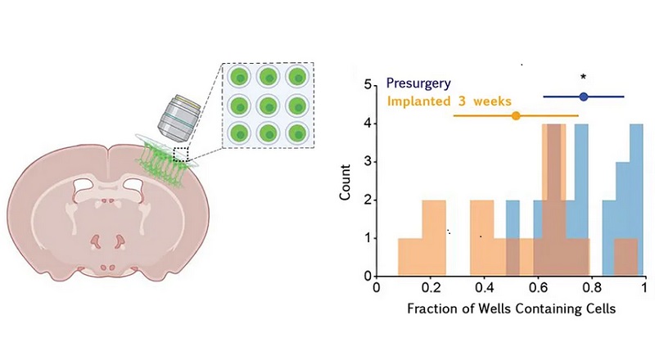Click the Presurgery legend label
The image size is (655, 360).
pyautogui.click(x=418, y=83)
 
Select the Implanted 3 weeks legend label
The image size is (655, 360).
pyautogui.click(x=449, y=101)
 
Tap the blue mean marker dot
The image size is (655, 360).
pyautogui.click(x=584, y=97)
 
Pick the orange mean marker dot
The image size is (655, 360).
pyautogui.click(x=516, y=115)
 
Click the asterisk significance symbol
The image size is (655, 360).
pyautogui.click(x=584, y=77)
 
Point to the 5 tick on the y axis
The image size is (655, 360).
pyautogui.click(x=368, y=85)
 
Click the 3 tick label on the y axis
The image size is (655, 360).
pyautogui.click(x=368, y=162)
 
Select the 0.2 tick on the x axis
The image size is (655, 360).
pyautogui.click(x=431, y=288)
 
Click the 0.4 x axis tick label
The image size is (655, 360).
pyautogui.click(x=485, y=288)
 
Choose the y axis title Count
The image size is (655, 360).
pyautogui.click(x=345, y=182)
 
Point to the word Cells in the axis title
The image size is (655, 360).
pyautogui.click(x=601, y=308)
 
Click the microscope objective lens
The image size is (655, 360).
pyautogui.click(x=179, y=118)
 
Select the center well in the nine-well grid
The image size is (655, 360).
pyautogui.click(x=269, y=106)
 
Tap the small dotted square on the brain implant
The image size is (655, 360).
pyautogui.click(x=181, y=154)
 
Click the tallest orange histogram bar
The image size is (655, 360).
pyautogui.click(x=554, y=200)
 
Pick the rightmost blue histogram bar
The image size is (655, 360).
pyautogui.click(x=636, y=200)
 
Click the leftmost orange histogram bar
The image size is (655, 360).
pyautogui.click(x=410, y=257)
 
